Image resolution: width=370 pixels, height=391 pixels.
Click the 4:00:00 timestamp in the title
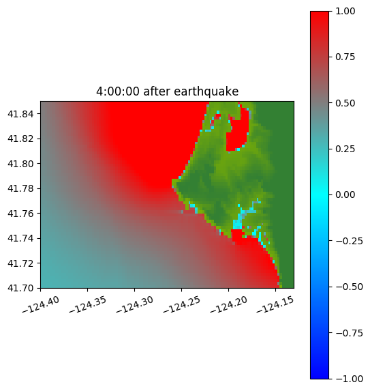click(x=118, y=91)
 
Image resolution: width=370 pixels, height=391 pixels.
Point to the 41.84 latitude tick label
click(x=20, y=114)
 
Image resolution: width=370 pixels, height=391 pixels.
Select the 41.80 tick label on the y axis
click(x=20, y=164)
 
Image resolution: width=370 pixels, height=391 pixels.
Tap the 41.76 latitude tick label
click(x=20, y=214)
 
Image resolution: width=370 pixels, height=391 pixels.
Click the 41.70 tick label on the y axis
click(x=20, y=288)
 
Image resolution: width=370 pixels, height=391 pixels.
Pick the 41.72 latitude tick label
click(x=20, y=263)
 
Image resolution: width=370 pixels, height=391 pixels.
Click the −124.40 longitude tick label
click(x=41, y=304)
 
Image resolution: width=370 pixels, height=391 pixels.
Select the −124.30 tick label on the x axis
click(x=134, y=304)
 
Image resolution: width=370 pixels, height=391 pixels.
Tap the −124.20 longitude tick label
click(x=228, y=304)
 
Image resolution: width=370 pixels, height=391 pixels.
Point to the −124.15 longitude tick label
click(x=275, y=304)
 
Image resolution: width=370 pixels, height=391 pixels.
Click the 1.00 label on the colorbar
click(x=345, y=11)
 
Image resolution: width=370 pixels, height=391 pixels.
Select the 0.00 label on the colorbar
click(x=345, y=194)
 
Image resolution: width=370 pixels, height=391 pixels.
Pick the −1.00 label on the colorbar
click(x=349, y=379)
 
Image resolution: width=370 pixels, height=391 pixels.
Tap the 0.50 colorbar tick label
click(x=345, y=103)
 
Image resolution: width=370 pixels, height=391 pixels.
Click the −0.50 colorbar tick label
click(x=349, y=287)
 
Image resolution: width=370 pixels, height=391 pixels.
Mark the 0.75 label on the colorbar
click(x=345, y=57)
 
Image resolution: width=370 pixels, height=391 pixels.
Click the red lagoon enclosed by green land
click(x=237, y=134)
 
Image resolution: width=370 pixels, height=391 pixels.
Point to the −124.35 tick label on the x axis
click(x=88, y=304)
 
